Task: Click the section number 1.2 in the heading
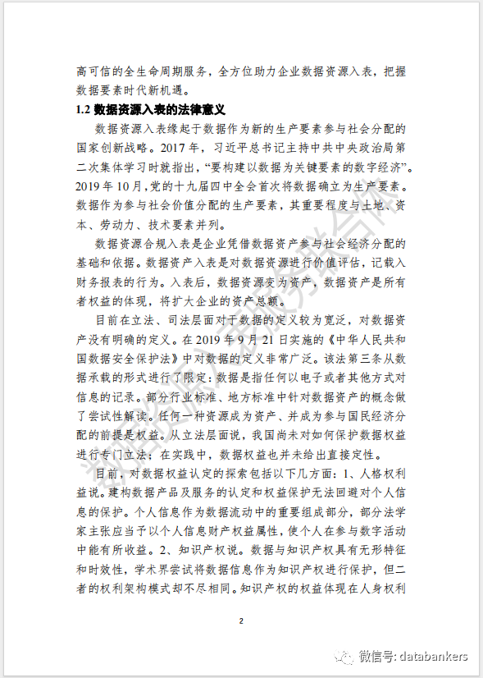(83, 109)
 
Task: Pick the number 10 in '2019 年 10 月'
(121, 186)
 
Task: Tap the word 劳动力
(124, 225)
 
